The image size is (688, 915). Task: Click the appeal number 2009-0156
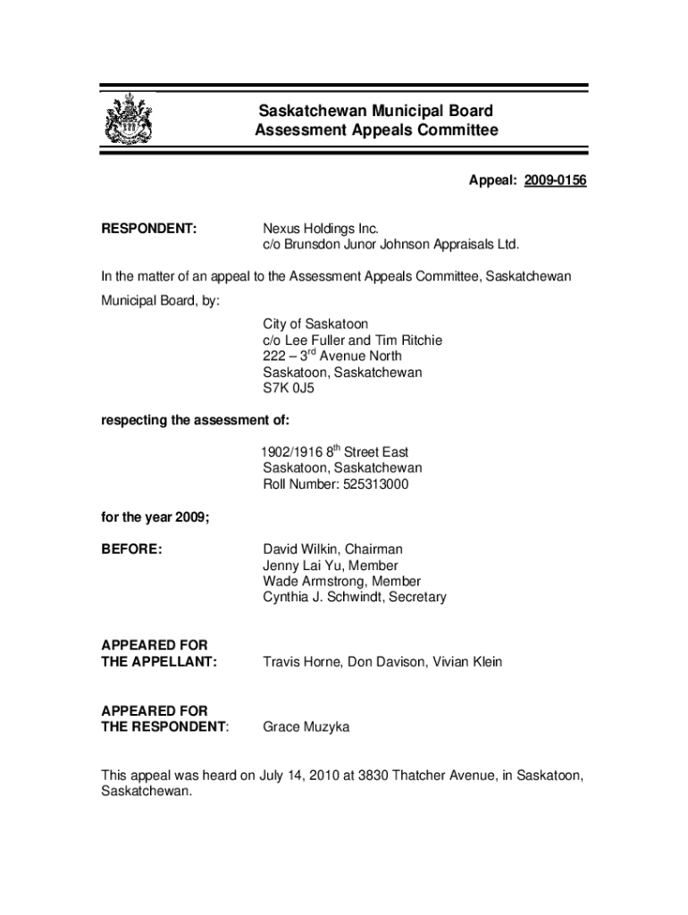point(555,181)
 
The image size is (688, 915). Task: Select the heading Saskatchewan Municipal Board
point(375,112)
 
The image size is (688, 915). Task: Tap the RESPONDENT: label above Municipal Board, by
point(148,229)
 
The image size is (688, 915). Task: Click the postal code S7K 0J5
point(289,389)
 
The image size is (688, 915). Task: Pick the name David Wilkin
point(301,549)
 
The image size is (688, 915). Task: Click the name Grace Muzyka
point(306,727)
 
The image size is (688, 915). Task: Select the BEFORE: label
point(132,549)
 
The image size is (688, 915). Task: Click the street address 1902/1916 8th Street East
point(335,452)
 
